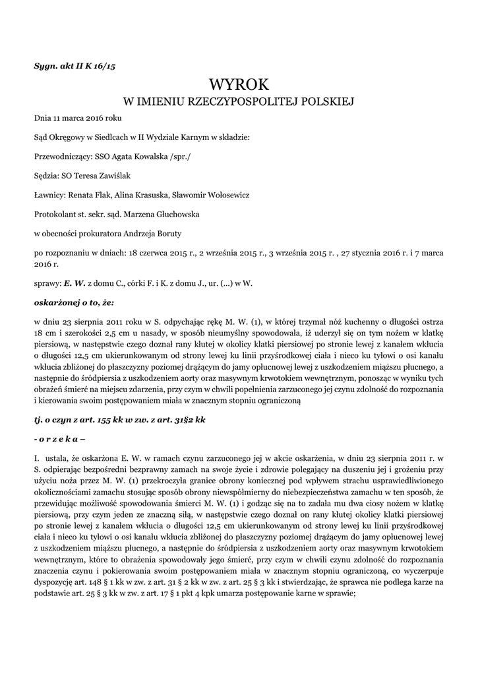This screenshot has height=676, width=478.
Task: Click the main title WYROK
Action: (x=239, y=84)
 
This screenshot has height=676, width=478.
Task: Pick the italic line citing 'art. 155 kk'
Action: (x=120, y=420)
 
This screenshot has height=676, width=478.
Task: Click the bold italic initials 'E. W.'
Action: (x=75, y=282)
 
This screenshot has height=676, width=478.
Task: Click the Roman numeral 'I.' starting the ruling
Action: (x=37, y=457)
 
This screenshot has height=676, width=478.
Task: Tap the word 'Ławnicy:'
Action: (x=49, y=195)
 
